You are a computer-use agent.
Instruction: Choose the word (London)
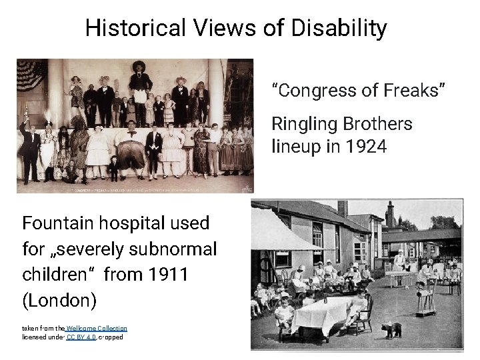59,301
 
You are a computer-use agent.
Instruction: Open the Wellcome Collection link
97,328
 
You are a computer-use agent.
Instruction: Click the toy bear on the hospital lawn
393,329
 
